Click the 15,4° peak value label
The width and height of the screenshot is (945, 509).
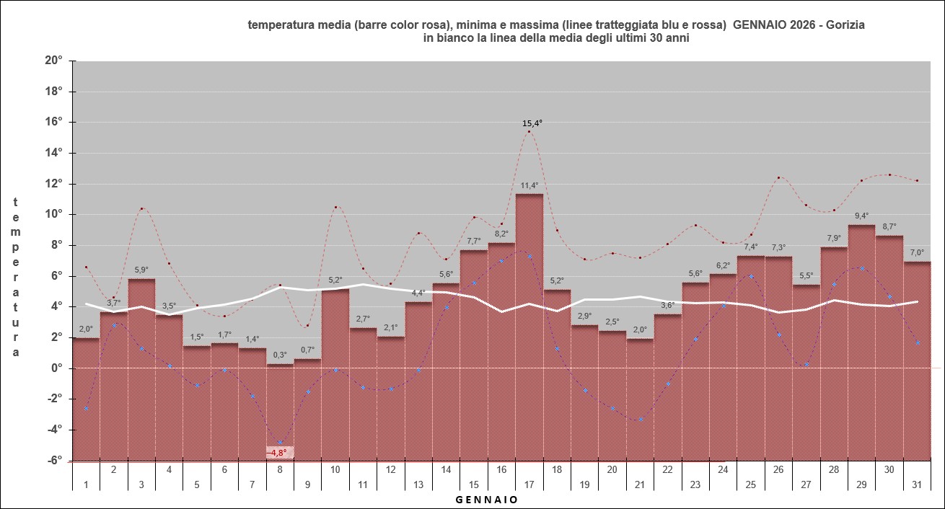point(532,123)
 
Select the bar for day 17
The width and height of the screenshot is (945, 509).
point(529,324)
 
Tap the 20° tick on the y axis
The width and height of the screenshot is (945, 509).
point(54,61)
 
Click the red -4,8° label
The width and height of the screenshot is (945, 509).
point(279,453)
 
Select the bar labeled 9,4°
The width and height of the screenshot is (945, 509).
point(862,339)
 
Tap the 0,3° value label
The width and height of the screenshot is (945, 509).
point(279,355)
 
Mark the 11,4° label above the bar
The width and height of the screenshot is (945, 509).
point(529,186)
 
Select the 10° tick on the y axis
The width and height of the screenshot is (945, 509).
point(54,214)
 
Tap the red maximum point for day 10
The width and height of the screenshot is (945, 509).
point(335,207)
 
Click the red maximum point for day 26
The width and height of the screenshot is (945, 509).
point(779,177)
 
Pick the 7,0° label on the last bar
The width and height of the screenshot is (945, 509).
point(917,253)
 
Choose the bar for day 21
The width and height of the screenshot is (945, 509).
point(640,397)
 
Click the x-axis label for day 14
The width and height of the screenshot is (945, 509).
point(447,469)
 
